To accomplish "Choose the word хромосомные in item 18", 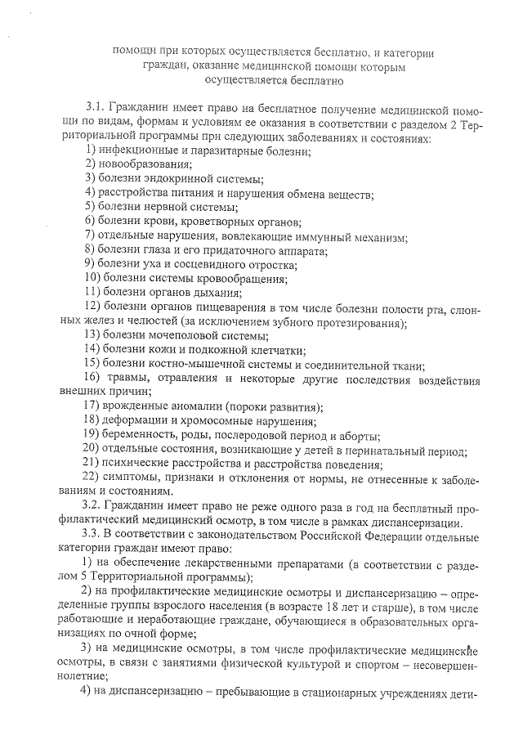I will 211,422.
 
